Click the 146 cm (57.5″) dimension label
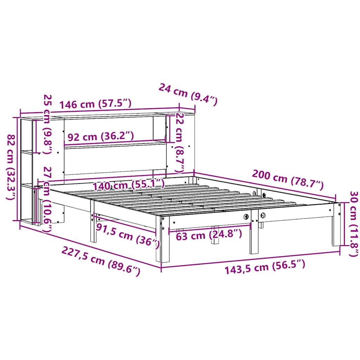point(95,104)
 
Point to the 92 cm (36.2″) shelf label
point(101,136)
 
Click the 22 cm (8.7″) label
point(180,142)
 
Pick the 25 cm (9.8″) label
point(47,124)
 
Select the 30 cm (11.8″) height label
point(352,224)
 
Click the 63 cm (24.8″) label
point(209,234)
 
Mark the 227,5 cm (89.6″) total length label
point(101,261)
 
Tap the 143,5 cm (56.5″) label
point(264,269)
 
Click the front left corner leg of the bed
point(165,243)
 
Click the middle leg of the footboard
point(254,236)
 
